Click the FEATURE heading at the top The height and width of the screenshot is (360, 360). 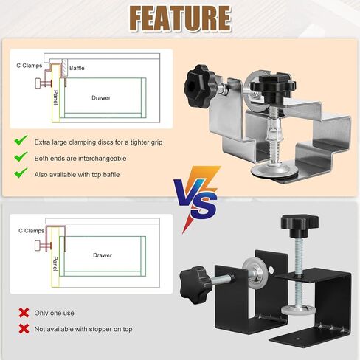point(180,18)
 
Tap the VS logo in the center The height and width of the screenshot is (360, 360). point(197,197)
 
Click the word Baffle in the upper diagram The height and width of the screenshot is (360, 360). point(77,68)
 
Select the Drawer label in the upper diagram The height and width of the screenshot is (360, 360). point(101,97)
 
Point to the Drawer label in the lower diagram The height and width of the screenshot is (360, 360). point(103,255)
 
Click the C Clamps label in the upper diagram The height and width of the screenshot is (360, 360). point(30,66)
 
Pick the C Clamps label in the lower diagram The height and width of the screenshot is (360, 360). point(31,231)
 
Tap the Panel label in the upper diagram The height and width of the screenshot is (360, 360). point(56,97)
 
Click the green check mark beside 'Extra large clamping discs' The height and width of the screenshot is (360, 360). point(21,140)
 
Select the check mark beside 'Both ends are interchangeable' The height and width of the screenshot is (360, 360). point(21,156)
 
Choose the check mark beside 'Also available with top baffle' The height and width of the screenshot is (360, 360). point(21,173)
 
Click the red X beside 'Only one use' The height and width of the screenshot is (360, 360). point(24,313)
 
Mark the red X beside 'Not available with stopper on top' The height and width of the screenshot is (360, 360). point(24,329)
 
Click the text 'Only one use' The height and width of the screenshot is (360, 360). point(54,313)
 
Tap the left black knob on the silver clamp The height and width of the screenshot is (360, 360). point(200,84)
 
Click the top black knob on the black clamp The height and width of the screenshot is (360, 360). point(300,224)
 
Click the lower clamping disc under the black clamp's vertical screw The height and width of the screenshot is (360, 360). point(298,311)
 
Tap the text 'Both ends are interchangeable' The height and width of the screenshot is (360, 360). point(80,159)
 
